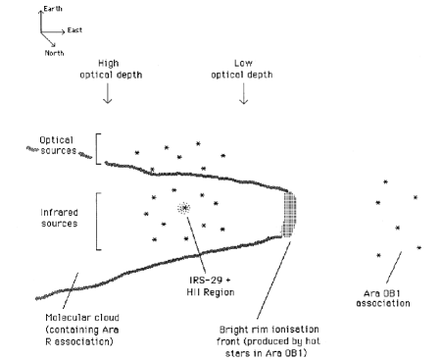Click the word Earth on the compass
tap(53, 9)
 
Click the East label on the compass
tap(74, 30)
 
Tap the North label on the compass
tap(54, 53)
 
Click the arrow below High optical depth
tap(108, 93)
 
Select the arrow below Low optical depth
tap(243, 93)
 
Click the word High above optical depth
tap(109, 63)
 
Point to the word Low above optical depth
tap(243, 63)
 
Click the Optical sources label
tap(58, 145)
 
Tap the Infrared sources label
tap(60, 218)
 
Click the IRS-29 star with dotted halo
tap(184, 208)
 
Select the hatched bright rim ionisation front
tap(289, 214)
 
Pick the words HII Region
tap(211, 292)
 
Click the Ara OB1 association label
tap(383, 298)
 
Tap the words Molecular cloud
tap(82, 318)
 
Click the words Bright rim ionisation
tap(269, 330)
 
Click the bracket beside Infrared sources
tap(98, 222)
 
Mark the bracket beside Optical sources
tap(97, 149)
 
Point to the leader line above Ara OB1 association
tap(394, 268)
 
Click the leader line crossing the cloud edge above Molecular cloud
tap(71, 290)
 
